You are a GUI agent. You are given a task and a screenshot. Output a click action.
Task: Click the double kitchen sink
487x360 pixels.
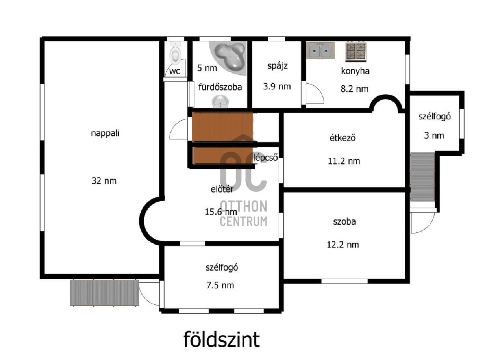click(320, 51)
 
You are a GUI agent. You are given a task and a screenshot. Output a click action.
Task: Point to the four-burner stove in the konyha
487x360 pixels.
click(356, 52)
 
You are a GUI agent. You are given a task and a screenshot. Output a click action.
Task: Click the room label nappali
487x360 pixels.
click(103, 133)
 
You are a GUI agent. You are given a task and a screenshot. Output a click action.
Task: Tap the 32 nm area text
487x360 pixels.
click(104, 181)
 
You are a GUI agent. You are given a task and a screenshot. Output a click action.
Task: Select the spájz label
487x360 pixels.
click(277, 66)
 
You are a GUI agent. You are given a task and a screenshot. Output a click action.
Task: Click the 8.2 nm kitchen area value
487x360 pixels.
click(355, 89)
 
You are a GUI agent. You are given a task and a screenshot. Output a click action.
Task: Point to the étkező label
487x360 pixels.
click(342, 138)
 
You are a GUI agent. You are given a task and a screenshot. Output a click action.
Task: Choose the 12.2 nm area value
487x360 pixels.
click(343, 244)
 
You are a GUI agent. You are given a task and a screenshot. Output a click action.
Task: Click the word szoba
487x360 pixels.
click(344, 221)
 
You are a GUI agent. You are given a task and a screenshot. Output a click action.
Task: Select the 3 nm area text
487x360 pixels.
click(434, 135)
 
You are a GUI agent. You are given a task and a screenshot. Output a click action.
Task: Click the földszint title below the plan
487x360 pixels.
click(222, 339)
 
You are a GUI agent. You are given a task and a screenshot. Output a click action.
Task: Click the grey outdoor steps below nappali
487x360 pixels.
click(104, 293)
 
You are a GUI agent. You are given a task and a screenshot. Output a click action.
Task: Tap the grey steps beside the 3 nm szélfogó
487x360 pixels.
click(423, 177)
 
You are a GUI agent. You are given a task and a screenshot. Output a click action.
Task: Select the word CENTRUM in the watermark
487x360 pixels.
click(243, 221)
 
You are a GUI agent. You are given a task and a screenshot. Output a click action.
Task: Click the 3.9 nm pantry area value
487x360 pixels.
click(277, 86)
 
